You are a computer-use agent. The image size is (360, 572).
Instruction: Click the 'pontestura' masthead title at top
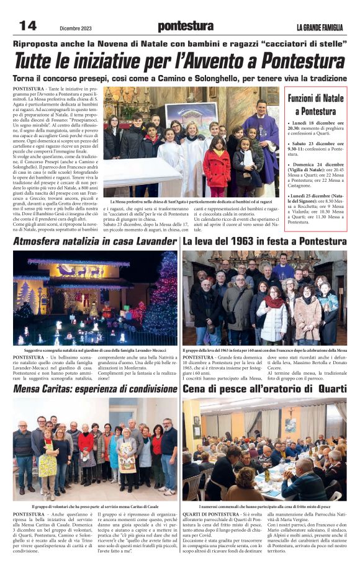(185, 25)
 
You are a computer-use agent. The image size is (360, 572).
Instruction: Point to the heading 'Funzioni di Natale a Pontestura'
(315, 105)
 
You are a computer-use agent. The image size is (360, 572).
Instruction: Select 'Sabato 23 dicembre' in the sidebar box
(316, 144)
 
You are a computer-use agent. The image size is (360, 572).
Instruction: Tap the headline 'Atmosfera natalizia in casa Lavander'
(95, 241)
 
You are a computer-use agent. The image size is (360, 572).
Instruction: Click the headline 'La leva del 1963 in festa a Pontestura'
(264, 241)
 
